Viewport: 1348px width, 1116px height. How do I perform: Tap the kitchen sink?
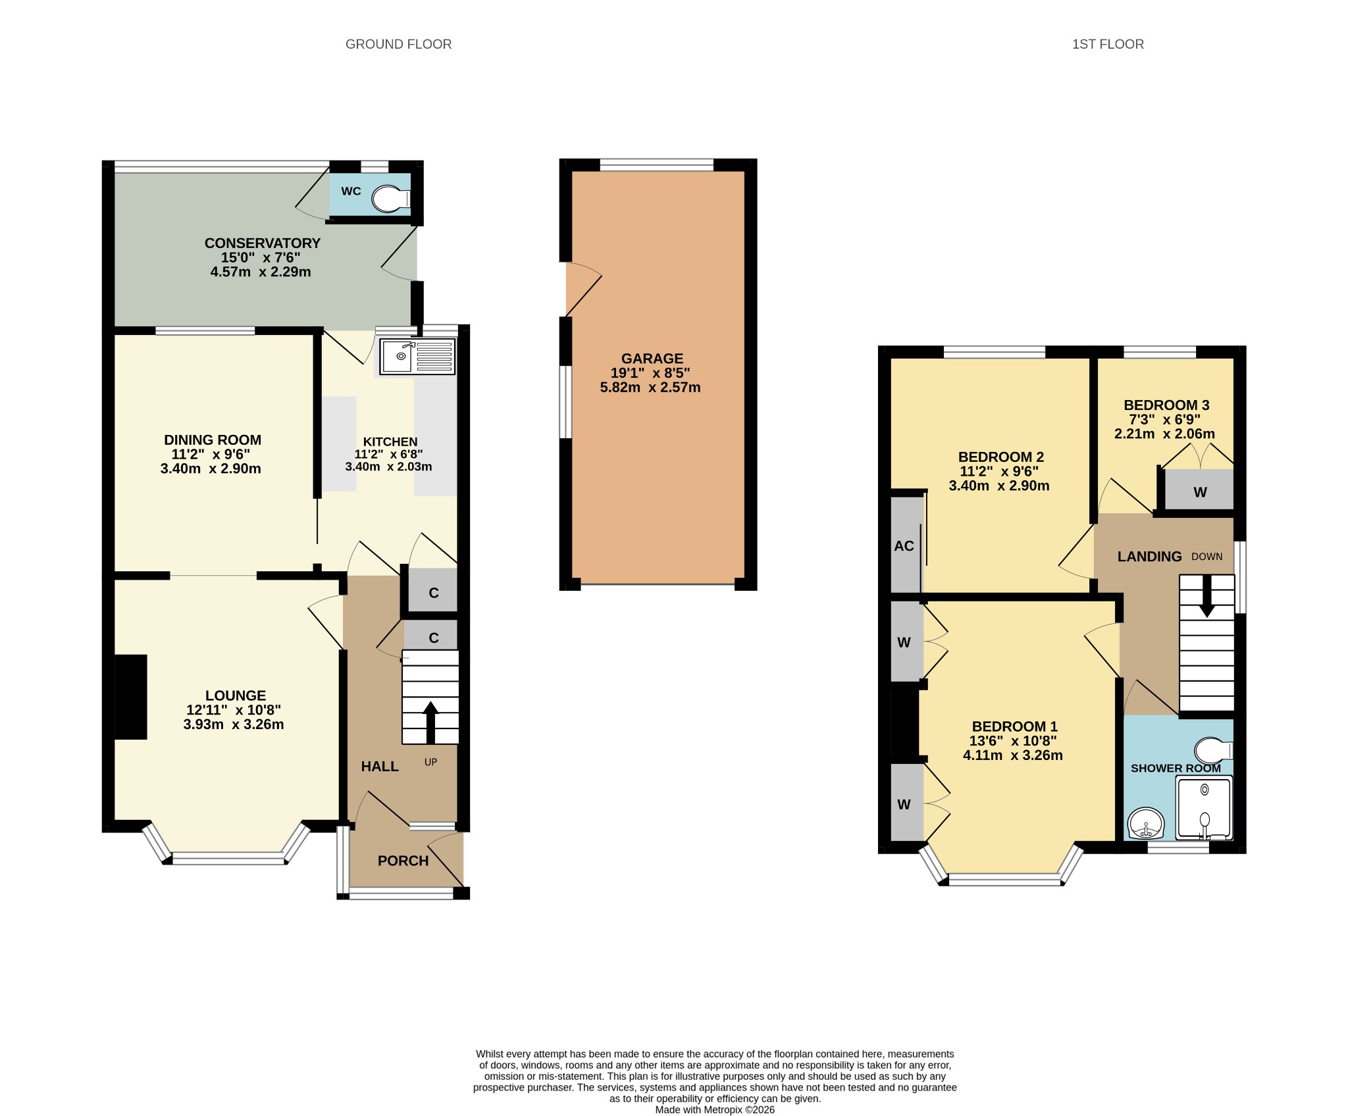[417, 357]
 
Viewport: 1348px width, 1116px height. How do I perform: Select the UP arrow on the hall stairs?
[430, 723]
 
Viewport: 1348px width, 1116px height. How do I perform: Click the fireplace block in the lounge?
[131, 697]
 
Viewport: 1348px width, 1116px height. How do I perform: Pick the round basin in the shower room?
[1146, 823]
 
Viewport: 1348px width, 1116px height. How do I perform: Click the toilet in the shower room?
[1214, 750]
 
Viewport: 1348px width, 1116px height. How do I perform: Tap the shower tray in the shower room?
[1204, 808]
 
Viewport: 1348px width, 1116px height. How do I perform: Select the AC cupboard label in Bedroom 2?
[904, 545]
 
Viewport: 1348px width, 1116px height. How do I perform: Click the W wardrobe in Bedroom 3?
[1199, 490]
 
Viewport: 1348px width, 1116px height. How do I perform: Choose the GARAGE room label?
[652, 359]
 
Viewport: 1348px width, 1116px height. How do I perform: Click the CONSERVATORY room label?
[262, 243]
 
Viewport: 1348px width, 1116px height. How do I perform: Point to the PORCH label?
[403, 861]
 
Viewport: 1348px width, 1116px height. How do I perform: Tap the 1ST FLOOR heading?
[1108, 44]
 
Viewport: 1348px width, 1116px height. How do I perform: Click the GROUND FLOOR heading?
[398, 44]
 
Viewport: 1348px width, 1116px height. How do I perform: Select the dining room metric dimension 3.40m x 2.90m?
[211, 469]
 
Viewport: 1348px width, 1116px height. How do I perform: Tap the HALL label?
[380, 766]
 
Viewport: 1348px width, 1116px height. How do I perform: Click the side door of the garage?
[583, 289]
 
